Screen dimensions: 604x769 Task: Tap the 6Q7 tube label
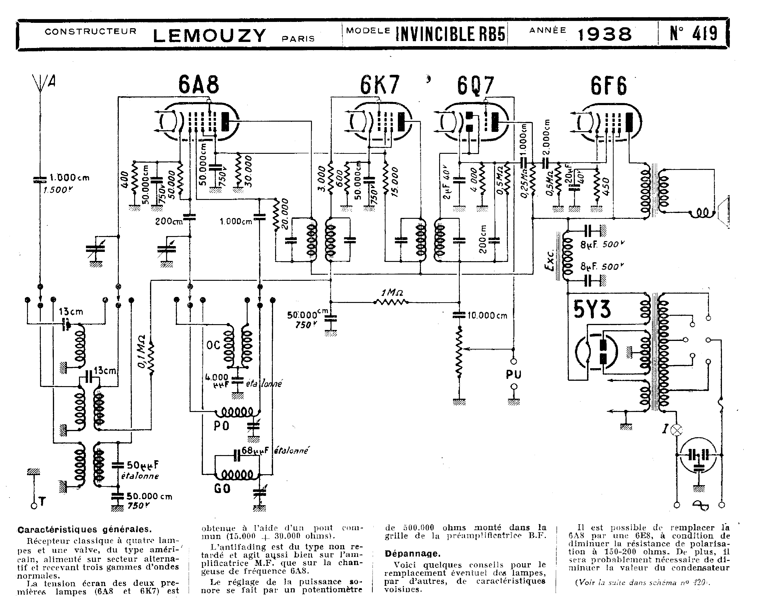pyautogui.click(x=475, y=86)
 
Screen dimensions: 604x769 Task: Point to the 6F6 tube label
pyautogui.click(x=608, y=86)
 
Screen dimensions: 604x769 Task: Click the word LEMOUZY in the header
pyautogui.click(x=209, y=36)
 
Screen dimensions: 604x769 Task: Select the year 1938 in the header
pyautogui.click(x=605, y=34)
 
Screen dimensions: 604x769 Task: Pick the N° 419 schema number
pyautogui.click(x=694, y=34)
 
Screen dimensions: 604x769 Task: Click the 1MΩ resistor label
pyautogui.click(x=392, y=293)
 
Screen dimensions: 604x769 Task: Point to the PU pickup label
pyautogui.click(x=514, y=374)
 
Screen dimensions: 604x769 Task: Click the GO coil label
pyautogui.click(x=222, y=489)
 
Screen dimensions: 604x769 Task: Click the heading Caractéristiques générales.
pyautogui.click(x=85, y=529)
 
